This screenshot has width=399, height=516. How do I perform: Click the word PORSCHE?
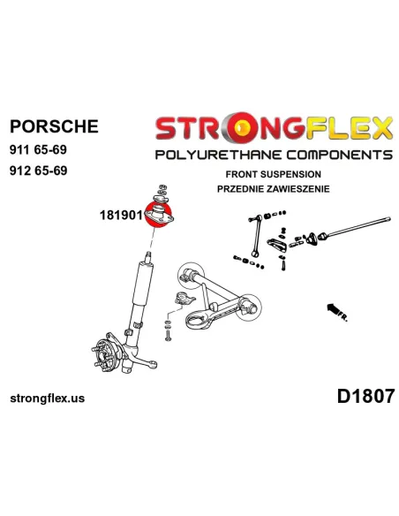tap(54, 126)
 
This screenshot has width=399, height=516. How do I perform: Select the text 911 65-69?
tap(39, 149)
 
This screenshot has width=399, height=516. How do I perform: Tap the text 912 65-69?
tap(39, 171)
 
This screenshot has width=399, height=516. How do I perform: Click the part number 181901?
tap(121, 216)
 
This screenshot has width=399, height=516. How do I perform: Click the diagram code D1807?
tap(365, 396)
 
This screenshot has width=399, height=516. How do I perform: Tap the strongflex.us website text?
tap(48, 398)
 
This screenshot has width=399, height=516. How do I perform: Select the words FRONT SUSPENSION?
tap(273, 174)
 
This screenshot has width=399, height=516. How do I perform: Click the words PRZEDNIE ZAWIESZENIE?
tap(273, 189)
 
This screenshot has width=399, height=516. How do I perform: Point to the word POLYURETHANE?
tap(218, 155)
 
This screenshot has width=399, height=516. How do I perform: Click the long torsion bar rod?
tap(358, 226)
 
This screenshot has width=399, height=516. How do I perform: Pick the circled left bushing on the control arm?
tap(191, 276)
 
